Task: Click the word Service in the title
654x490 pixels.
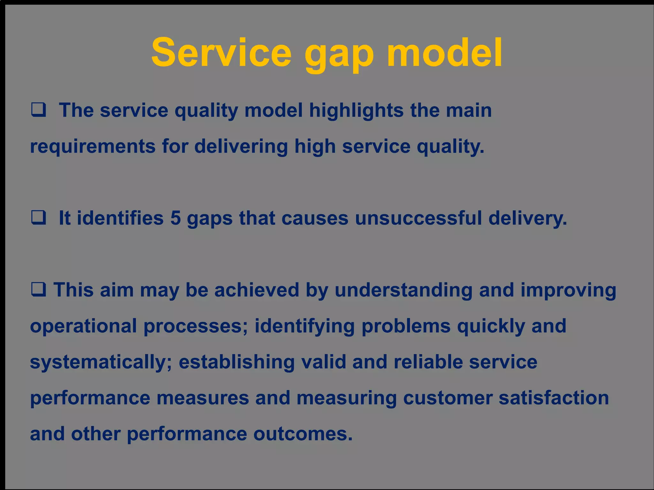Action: (x=221, y=53)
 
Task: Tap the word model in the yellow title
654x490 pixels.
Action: (x=445, y=53)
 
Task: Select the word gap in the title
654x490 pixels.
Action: (x=339, y=54)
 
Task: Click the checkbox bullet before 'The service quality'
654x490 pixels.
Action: (x=39, y=110)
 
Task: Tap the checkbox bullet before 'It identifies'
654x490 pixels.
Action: (x=39, y=218)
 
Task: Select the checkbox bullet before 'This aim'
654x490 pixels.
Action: (x=39, y=290)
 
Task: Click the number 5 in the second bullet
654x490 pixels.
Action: (x=176, y=218)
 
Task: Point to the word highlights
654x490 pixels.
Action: (x=356, y=111)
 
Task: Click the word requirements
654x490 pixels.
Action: (x=93, y=147)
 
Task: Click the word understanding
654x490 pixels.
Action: (x=403, y=290)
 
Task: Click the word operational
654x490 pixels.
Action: (x=83, y=326)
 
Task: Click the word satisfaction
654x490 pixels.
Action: (x=554, y=398)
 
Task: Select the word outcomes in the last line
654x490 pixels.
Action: (x=303, y=434)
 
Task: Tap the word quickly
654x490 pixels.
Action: (x=491, y=326)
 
